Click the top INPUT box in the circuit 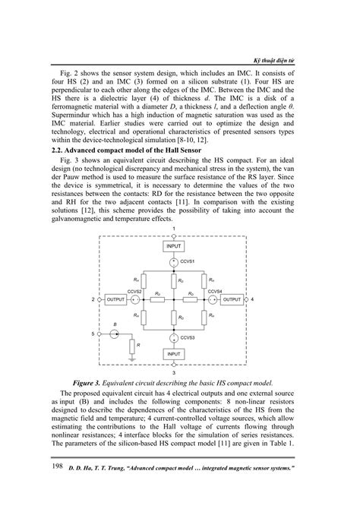[173, 247]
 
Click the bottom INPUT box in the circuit [173, 355]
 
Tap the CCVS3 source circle [173, 337]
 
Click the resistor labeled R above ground [132, 347]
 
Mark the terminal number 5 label [94, 333]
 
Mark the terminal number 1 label [173, 228]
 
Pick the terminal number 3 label [173, 373]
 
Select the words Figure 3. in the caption [90, 381]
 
